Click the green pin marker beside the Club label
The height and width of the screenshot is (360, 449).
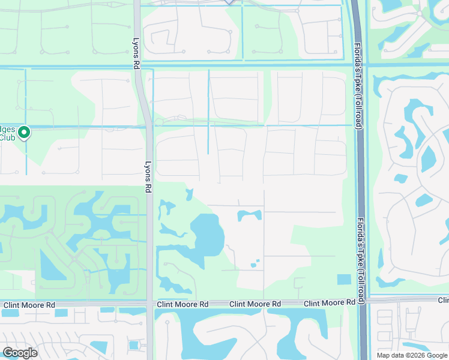pyautogui.click(x=24, y=132)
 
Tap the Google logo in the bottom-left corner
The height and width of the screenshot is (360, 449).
pyautogui.click(x=20, y=353)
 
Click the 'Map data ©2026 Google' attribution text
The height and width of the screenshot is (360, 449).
pyautogui.click(x=412, y=355)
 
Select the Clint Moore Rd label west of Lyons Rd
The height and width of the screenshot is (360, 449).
pyautogui.click(x=28, y=305)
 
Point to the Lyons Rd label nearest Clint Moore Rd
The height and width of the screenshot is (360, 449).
pyautogui.click(x=148, y=174)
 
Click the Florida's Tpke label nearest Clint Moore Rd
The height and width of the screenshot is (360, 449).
pyautogui.click(x=361, y=253)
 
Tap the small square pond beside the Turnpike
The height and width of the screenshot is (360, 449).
pyautogui.click(x=344, y=279)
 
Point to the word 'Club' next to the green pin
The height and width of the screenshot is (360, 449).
pyautogui.click(x=7, y=137)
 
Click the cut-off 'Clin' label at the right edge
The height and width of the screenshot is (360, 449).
pyautogui.click(x=443, y=300)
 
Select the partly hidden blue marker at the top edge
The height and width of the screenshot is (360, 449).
pyautogui.click(x=229, y=2)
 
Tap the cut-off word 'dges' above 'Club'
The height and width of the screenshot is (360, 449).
pyautogui.click(x=7, y=128)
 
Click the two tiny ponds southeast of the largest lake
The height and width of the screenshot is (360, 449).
pyautogui.click(x=255, y=263)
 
